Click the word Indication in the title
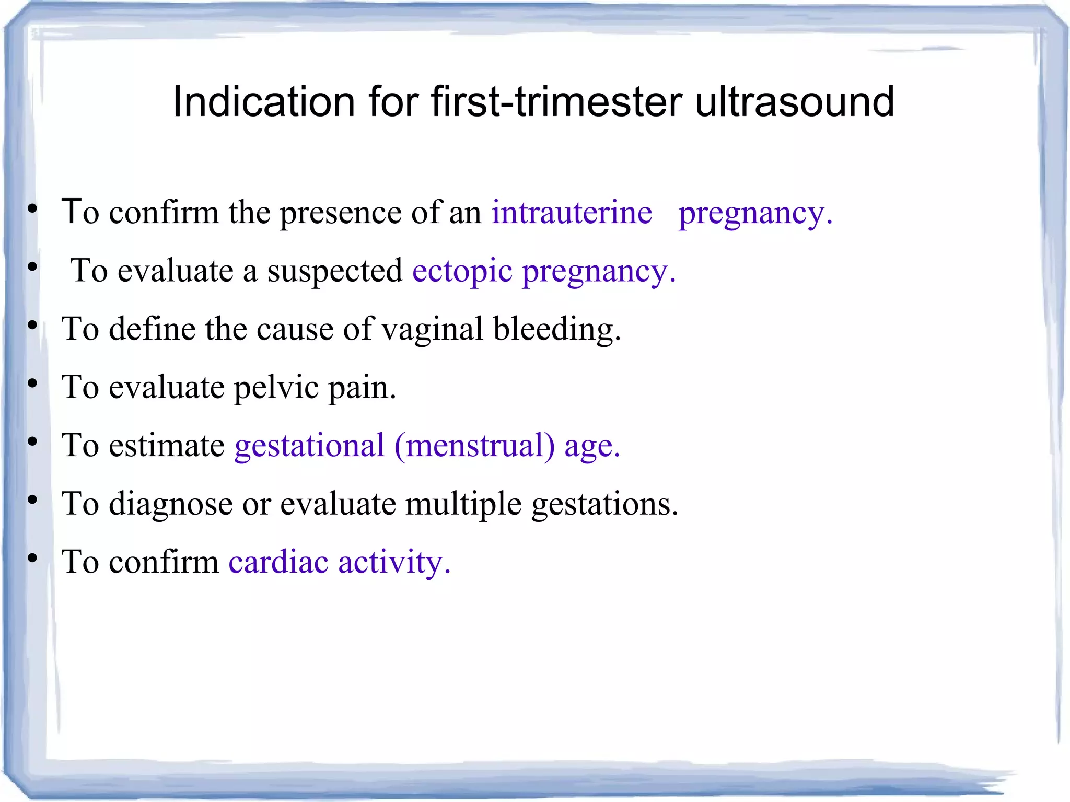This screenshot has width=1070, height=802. [264, 101]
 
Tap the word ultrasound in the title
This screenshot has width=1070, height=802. [795, 101]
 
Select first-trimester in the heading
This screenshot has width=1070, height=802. [556, 101]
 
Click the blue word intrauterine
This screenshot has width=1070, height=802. [572, 213]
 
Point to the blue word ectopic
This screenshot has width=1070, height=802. [462, 271]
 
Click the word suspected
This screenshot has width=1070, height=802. [335, 271]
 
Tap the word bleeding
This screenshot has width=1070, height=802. [557, 329]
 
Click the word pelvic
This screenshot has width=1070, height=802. [276, 388]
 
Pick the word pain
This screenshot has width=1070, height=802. [362, 388]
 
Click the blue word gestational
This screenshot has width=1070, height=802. [309, 446]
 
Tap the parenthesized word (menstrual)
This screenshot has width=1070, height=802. [474, 446]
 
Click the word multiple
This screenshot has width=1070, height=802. [463, 504]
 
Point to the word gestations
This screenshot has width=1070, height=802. [604, 504]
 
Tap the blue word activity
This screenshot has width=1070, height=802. [394, 562]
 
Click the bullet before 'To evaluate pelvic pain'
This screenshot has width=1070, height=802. [32, 384]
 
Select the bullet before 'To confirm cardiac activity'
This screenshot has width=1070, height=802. [32, 559]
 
